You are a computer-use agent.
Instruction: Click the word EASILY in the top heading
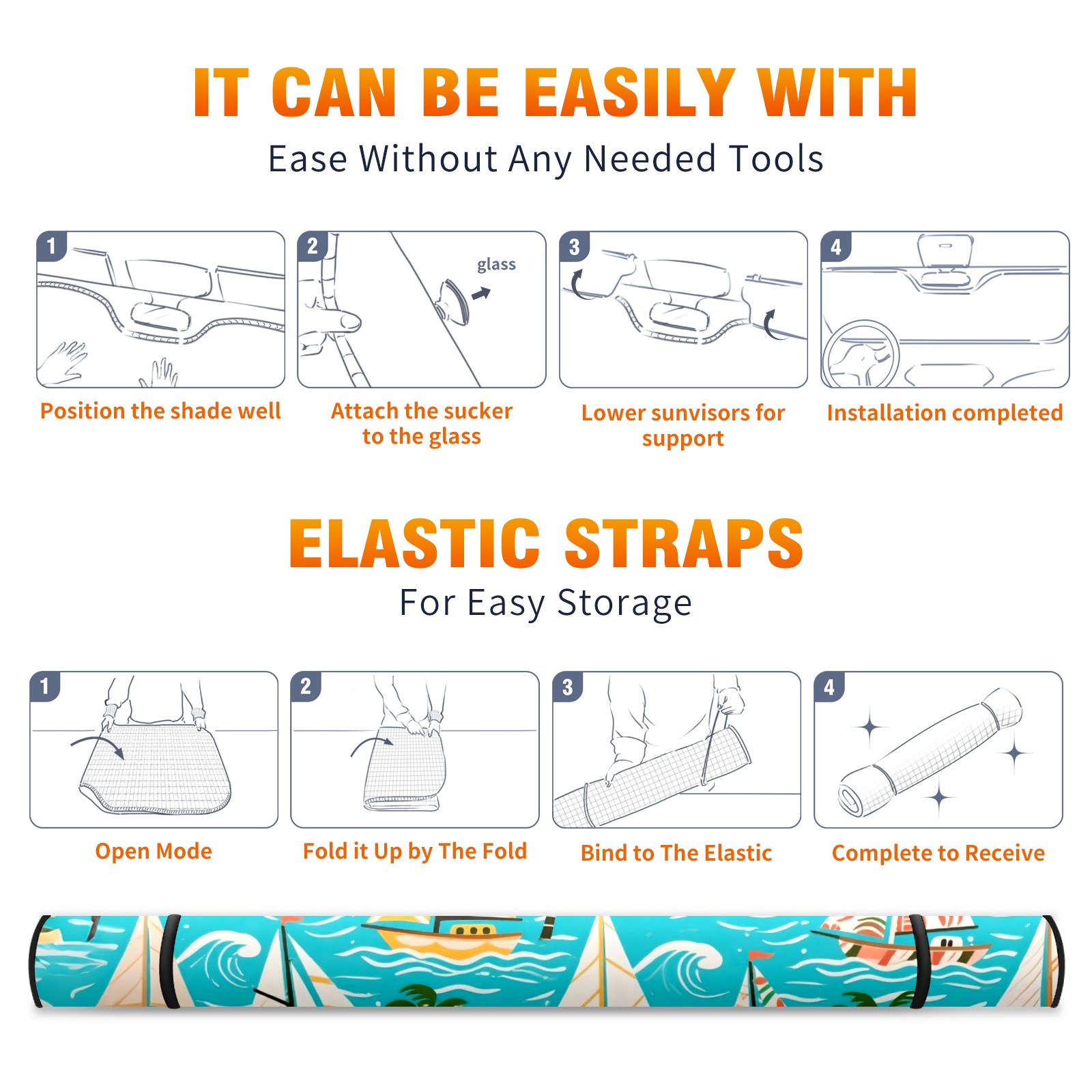[x=629, y=93]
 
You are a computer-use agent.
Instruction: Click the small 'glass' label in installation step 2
[x=496, y=265]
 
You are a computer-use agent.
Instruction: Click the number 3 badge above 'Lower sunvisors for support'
[x=574, y=246]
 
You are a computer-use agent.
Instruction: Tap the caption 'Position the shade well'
[x=160, y=411]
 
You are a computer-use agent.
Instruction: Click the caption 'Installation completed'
[x=945, y=413]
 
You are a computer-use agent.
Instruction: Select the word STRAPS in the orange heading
[x=684, y=543]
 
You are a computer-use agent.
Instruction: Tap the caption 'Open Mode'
[x=154, y=851]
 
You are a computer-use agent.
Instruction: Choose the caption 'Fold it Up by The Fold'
[x=415, y=851]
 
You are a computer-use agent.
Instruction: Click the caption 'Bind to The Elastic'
[x=676, y=853]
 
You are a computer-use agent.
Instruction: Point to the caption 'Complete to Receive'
[x=938, y=853]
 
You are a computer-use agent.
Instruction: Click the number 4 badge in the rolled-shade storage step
[x=829, y=687]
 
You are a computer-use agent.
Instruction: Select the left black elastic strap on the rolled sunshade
[x=170, y=961]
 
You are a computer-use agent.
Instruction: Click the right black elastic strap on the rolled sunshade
[x=919, y=961]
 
